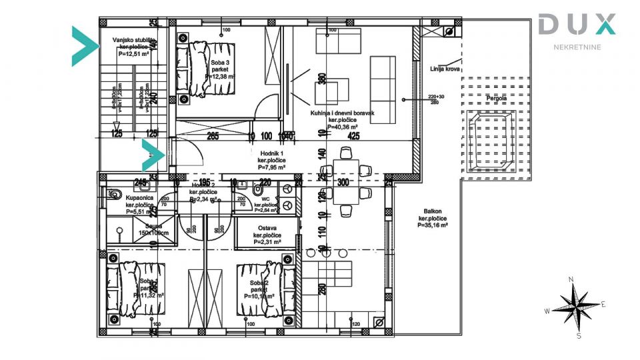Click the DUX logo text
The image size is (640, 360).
tap(577, 25)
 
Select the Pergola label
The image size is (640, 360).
tap(496, 99)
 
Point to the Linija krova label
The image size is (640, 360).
tap(441, 69)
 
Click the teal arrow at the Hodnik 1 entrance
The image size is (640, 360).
tap(153, 155)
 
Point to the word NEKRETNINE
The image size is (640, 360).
tap(577, 47)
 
